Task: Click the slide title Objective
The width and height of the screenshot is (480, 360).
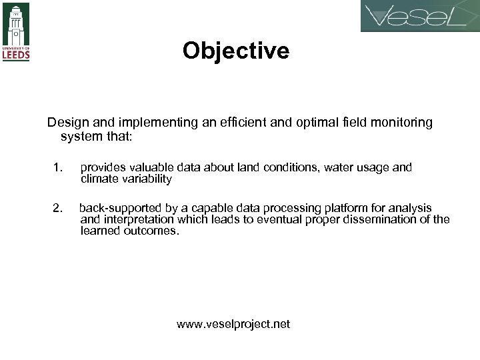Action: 236,51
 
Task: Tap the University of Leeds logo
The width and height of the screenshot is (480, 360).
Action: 17,31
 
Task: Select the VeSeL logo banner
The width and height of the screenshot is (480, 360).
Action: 419,17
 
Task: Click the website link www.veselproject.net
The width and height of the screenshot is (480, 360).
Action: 233,325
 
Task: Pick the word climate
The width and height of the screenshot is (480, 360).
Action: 99,179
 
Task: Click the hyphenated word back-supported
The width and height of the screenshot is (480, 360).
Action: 120,209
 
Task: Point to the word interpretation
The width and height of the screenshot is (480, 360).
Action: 137,220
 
